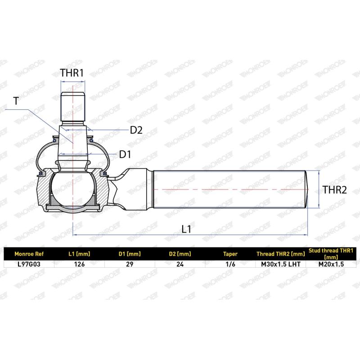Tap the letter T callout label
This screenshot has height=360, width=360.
coord(17,101)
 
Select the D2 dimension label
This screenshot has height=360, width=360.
coord(136,130)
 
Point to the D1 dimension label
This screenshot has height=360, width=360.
coord(125,154)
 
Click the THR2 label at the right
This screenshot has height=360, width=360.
coord(335,190)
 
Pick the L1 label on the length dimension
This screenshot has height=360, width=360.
coord(187,229)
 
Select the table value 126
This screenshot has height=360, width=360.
coord(79,264)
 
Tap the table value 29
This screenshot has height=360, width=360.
coord(130,264)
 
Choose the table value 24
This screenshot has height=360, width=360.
coord(180,264)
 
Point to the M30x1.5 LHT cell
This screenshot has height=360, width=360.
coord(280,264)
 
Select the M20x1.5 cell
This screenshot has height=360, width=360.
coord(331,264)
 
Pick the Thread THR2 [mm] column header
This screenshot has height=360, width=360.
coord(280,254)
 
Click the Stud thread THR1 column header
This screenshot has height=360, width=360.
coord(331,253)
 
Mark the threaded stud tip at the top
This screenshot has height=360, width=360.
coord(72,103)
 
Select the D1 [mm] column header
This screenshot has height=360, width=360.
coord(130,254)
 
